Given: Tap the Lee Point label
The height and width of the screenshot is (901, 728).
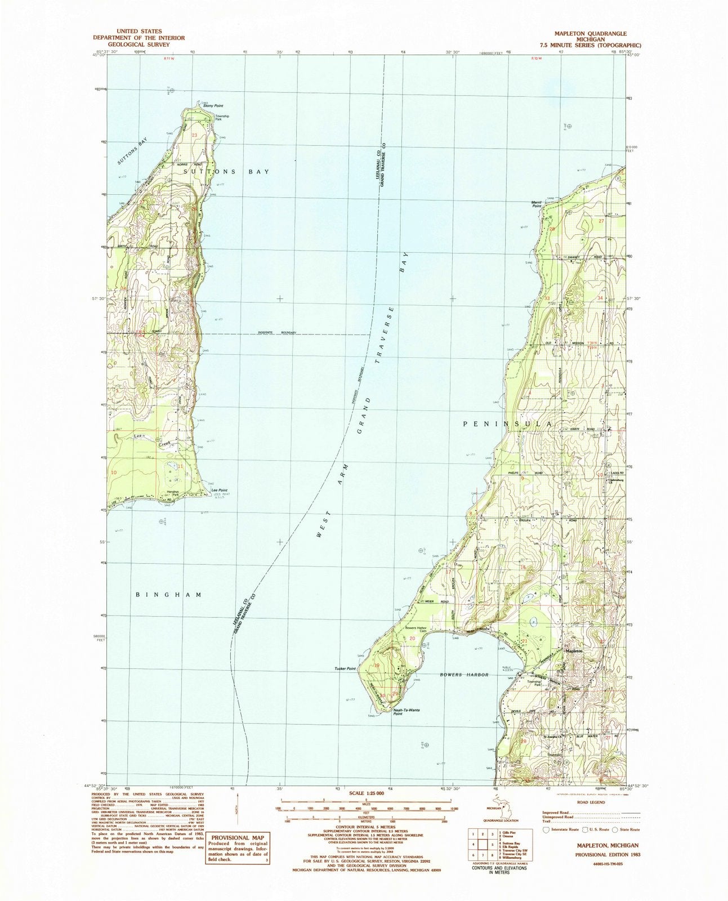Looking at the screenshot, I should tap(218, 491).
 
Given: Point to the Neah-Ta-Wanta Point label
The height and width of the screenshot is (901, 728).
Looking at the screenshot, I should tap(405, 712).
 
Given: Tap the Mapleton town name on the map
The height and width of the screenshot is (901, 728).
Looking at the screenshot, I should tap(573, 652).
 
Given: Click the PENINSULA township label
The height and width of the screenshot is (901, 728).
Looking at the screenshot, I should tap(507, 422).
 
